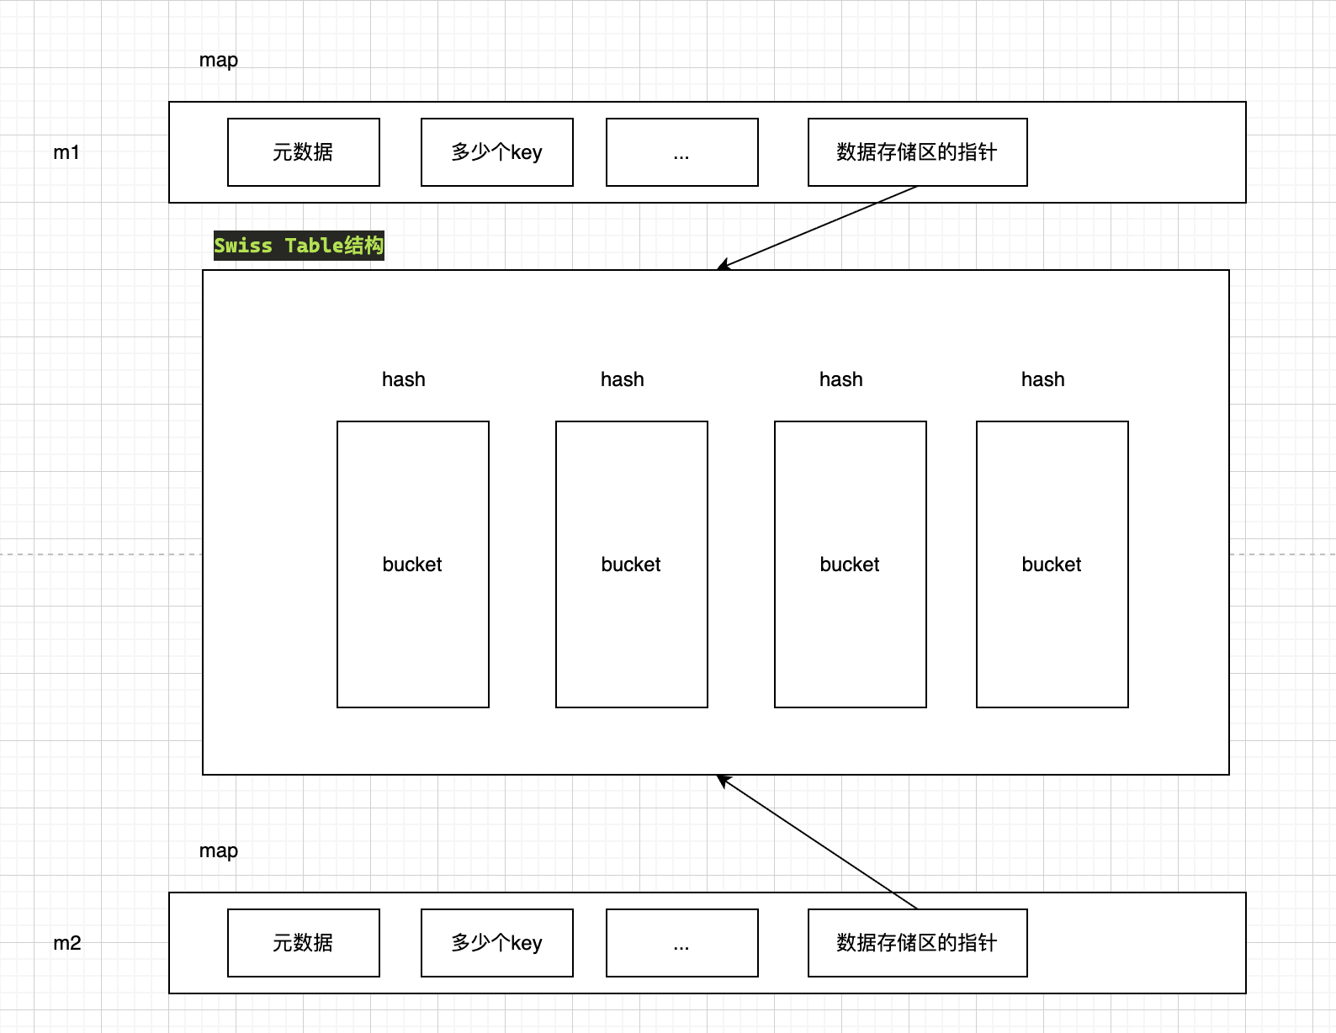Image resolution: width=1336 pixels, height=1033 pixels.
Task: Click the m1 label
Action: point(66,152)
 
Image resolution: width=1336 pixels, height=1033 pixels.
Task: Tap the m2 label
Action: point(67,943)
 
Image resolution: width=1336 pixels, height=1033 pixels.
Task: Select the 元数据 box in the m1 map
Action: point(303,152)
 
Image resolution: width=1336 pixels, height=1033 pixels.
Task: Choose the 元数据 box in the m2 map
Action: point(303,943)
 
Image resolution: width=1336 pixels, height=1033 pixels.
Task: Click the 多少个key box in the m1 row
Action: point(496,152)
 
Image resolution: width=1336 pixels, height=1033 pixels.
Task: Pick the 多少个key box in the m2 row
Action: point(496,943)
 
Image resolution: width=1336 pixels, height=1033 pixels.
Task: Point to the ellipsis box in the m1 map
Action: point(681,152)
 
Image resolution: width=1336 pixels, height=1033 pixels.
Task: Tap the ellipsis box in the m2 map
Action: point(681,943)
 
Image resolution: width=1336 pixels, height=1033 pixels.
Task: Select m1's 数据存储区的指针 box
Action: point(917,152)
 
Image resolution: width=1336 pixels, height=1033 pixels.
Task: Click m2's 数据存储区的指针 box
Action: point(917,943)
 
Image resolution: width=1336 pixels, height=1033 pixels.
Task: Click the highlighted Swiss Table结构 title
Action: point(299,246)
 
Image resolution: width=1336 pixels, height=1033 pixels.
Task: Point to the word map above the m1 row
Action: point(219,61)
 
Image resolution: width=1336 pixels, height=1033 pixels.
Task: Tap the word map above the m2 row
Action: point(219,851)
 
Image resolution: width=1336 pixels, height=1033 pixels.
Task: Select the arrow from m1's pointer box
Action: point(816,228)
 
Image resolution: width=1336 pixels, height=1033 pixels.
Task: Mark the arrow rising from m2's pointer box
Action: point(816,841)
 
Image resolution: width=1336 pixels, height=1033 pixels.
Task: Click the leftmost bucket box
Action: point(412,564)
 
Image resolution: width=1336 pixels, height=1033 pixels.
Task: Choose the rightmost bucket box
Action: point(1052,564)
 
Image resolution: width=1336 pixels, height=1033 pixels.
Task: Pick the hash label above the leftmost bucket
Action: point(404,379)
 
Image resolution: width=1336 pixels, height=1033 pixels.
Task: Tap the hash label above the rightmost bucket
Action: point(1043,379)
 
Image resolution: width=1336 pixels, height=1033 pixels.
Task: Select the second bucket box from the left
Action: point(631,564)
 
